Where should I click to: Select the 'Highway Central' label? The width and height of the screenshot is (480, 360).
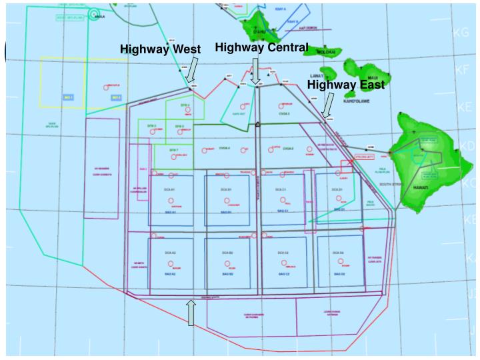(261, 47)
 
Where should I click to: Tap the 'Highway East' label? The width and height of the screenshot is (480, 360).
(345, 85)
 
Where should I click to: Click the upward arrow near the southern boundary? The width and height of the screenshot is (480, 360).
(191, 313)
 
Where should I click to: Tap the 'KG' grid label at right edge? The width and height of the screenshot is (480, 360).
(461, 33)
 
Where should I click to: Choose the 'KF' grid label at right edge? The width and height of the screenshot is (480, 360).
(462, 69)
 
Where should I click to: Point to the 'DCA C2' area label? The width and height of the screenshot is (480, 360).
(282, 253)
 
